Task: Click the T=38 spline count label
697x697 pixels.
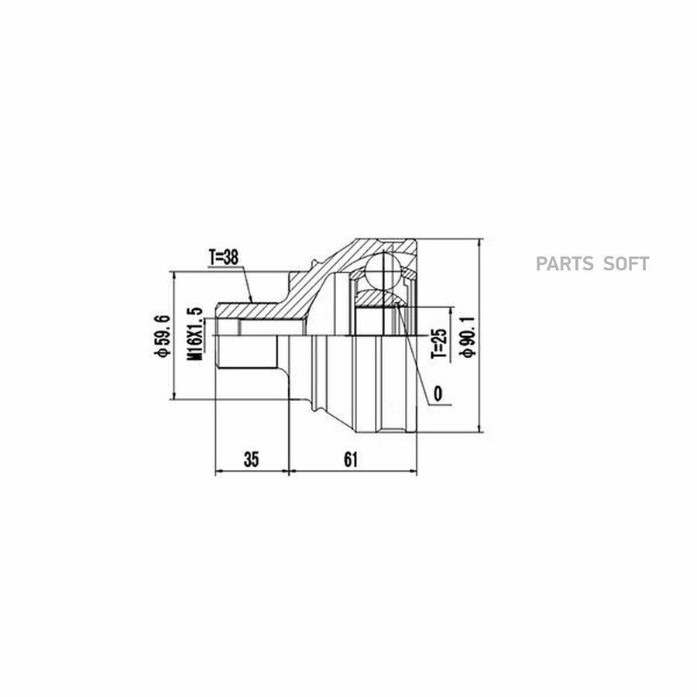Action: point(224,258)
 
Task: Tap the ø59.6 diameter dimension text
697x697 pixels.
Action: point(162,335)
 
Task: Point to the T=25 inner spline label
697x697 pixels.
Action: point(438,344)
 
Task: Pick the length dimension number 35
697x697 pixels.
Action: point(251,459)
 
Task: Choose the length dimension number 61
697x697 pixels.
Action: point(351,459)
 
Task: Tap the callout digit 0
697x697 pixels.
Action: point(438,393)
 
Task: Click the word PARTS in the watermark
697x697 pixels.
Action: point(565,264)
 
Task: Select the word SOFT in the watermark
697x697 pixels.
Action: point(626,264)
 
